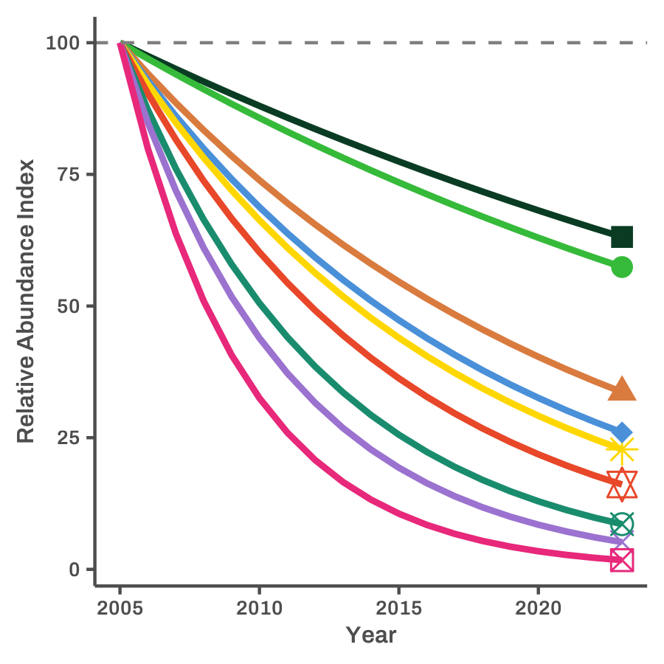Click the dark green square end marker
pyautogui.click(x=622, y=237)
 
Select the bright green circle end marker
pyautogui.click(x=622, y=267)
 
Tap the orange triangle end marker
pyautogui.click(x=622, y=389)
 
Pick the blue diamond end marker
pyautogui.click(x=622, y=432)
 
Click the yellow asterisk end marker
pyautogui.click(x=622, y=449)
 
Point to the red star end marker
pyautogui.click(x=622, y=484)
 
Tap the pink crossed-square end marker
pyautogui.click(x=622, y=559)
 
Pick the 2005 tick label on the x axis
pyautogui.click(x=120, y=609)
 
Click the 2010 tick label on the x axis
pyautogui.click(x=259, y=609)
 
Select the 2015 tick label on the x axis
pyautogui.click(x=398, y=609)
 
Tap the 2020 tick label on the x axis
pyautogui.click(x=538, y=609)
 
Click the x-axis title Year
pyautogui.click(x=371, y=634)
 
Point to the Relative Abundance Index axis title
pyautogui.click(x=26, y=301)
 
